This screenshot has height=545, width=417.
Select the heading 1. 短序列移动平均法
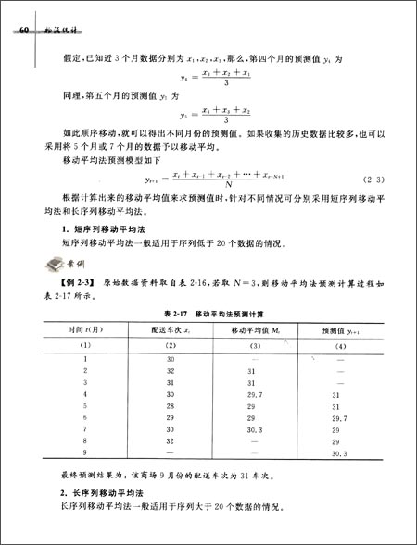point(100,229)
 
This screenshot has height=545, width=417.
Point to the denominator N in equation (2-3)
point(229,183)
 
